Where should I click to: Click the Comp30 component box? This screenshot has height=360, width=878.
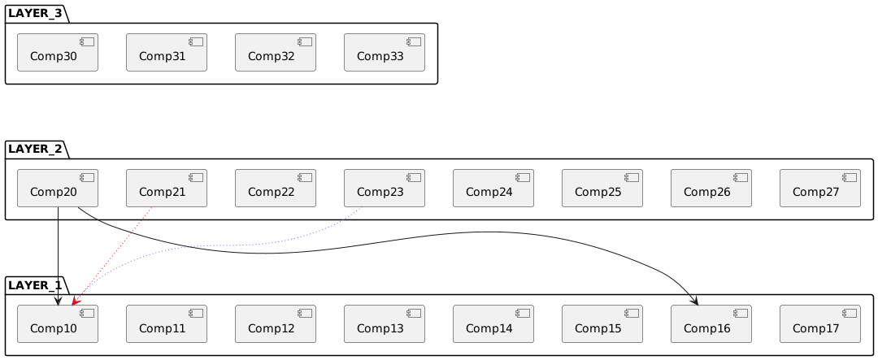point(58,53)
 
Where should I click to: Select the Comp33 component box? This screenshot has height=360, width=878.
point(384,53)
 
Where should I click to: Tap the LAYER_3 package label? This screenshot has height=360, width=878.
point(35,14)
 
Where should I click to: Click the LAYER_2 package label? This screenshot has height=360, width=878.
point(35,149)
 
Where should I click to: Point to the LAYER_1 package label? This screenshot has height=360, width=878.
point(35,285)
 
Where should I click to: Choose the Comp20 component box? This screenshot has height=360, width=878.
point(58,188)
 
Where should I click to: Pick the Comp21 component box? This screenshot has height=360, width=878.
point(167,188)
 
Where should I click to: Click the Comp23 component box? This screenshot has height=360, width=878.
point(384,188)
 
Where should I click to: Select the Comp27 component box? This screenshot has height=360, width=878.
point(819,188)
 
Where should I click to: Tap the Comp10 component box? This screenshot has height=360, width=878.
point(58,324)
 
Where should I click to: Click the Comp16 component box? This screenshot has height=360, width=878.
point(711,324)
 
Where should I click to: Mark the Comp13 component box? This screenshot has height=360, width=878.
point(384,324)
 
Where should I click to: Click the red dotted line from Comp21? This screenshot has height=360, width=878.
point(112,256)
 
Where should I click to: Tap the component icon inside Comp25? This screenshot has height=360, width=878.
point(633,177)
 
